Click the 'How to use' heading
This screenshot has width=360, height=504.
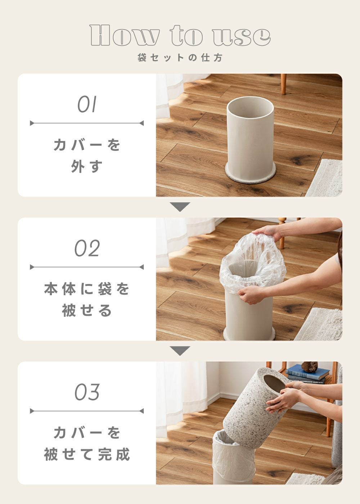pos(180,36)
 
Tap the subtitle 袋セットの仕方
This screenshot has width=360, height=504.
pos(180,58)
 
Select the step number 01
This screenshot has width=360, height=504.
pos(87,104)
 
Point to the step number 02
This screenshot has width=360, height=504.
pos(87,248)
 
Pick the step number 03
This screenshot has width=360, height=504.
pos(87,392)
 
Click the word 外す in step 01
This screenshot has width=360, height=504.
pos(87,166)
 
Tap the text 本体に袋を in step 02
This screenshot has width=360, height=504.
pos(87,289)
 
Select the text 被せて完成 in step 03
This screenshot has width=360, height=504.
pos(87,454)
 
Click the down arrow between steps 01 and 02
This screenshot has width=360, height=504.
pos(180,207)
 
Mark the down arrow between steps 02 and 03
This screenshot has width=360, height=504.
pos(180,351)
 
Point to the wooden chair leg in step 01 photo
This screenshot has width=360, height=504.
pos(284,84)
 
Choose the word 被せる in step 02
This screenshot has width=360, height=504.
pos(87,310)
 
